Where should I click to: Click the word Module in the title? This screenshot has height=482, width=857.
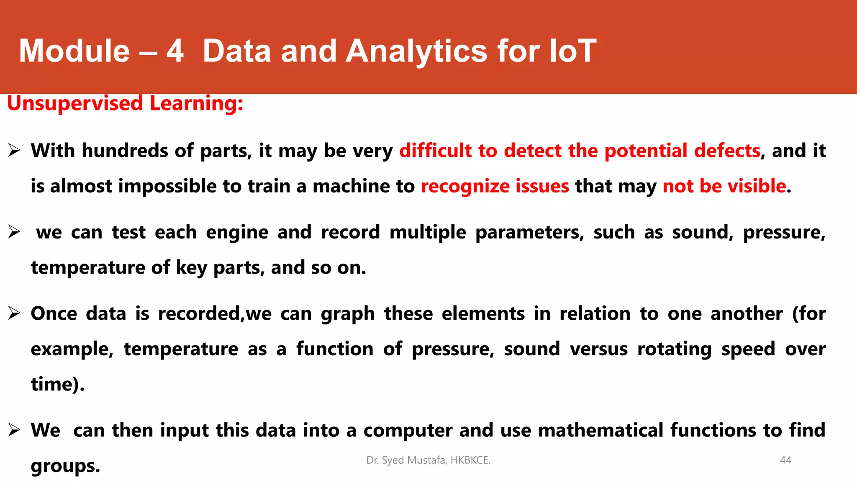[74, 51]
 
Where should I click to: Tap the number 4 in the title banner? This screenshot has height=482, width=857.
[175, 51]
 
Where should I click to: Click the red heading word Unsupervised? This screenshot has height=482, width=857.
[75, 103]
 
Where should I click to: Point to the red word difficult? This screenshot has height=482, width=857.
[435, 151]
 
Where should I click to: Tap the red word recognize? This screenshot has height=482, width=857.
[464, 187]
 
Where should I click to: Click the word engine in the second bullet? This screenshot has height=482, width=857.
[237, 233]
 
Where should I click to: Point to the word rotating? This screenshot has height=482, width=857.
[674, 349]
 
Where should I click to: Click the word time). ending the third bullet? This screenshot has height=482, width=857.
[58, 385]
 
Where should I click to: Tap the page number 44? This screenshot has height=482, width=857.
[785, 460]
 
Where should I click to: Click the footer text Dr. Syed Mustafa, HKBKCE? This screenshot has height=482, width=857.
[428, 460]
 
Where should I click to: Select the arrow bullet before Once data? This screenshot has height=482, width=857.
[14, 313]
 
